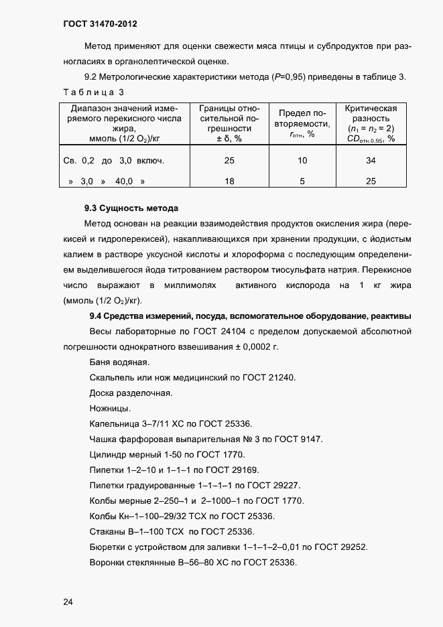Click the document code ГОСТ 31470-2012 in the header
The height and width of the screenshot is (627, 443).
point(101,25)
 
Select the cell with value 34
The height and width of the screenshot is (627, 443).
point(371,161)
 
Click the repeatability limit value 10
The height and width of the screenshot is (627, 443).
point(302,161)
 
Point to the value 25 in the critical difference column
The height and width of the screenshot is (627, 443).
point(371,181)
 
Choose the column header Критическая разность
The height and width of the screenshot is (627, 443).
point(371,113)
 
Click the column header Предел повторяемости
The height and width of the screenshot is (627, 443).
point(302,119)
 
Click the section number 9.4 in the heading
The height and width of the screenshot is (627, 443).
point(97,316)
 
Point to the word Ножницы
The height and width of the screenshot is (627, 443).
point(109,409)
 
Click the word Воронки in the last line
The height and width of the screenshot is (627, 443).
point(108,563)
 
